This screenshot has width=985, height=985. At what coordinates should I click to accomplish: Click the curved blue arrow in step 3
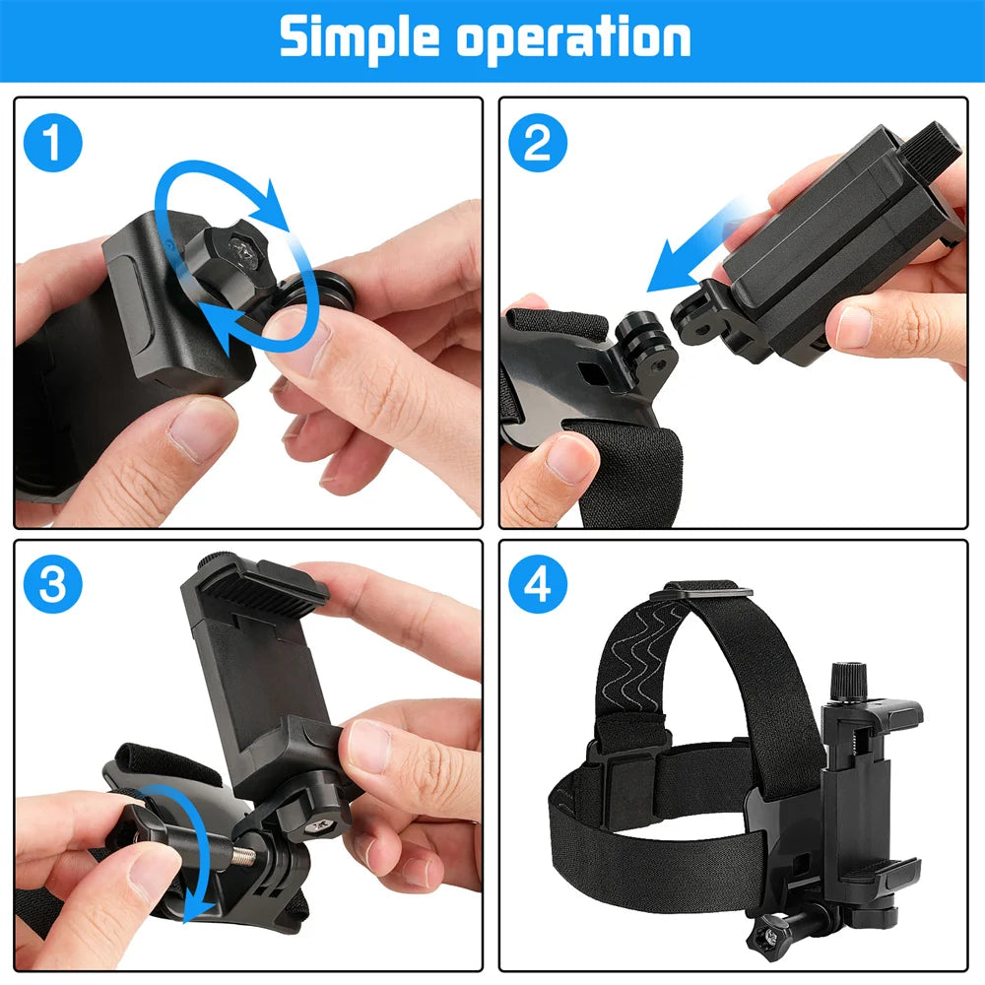click(197, 847)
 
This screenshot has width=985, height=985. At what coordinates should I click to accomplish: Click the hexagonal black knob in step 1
click(236, 240)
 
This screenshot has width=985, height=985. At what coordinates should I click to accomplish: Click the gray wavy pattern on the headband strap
click(650, 650)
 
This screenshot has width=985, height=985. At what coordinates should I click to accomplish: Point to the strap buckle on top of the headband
click(706, 590)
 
